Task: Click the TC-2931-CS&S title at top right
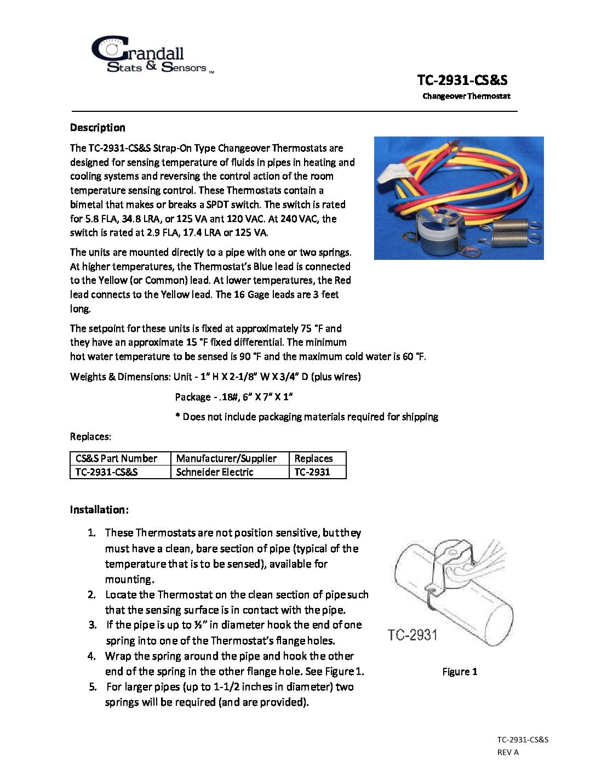click(x=462, y=80)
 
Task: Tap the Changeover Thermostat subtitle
click(x=466, y=96)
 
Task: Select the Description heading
click(x=98, y=128)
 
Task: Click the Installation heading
click(x=99, y=510)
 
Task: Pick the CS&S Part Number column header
click(x=116, y=458)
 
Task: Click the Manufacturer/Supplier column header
click(x=226, y=458)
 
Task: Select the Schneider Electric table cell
click(x=215, y=472)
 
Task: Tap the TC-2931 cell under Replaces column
click(x=312, y=472)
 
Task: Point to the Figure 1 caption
click(x=460, y=672)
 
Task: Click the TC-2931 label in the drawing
click(x=412, y=635)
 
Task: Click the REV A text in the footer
click(x=508, y=752)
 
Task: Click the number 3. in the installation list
click(x=93, y=625)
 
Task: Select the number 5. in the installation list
click(x=93, y=687)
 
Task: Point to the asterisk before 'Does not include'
click(x=178, y=417)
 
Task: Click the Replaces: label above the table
click(x=90, y=437)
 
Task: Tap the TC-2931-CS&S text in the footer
click(x=523, y=740)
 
